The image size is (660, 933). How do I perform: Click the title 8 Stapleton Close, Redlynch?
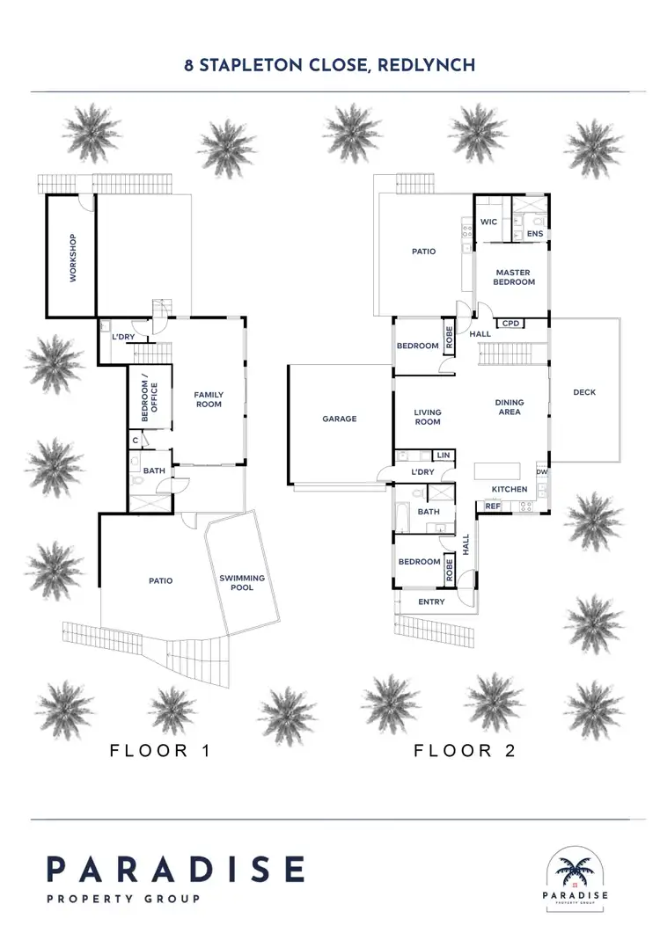[x=330, y=65]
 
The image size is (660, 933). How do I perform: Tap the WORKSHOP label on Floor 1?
[x=73, y=258]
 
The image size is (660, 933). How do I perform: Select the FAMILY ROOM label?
[x=209, y=399]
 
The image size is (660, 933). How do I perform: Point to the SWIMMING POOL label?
[x=242, y=582]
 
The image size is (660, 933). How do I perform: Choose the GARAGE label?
[x=339, y=419]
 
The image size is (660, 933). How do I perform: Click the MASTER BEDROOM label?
[x=515, y=277]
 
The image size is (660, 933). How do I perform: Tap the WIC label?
[x=489, y=222]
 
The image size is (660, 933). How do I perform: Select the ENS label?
[x=534, y=234]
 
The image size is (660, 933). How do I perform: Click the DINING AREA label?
[x=510, y=406]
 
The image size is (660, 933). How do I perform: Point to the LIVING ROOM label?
[x=428, y=417]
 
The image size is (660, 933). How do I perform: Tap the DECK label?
[x=584, y=392]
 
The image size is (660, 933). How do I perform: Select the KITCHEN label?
[x=509, y=489]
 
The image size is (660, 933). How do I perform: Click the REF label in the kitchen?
[x=492, y=507]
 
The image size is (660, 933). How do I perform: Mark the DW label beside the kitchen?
[x=541, y=472]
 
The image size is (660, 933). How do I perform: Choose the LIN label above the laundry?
[x=443, y=455]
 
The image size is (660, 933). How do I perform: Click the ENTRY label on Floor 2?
[x=432, y=602]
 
